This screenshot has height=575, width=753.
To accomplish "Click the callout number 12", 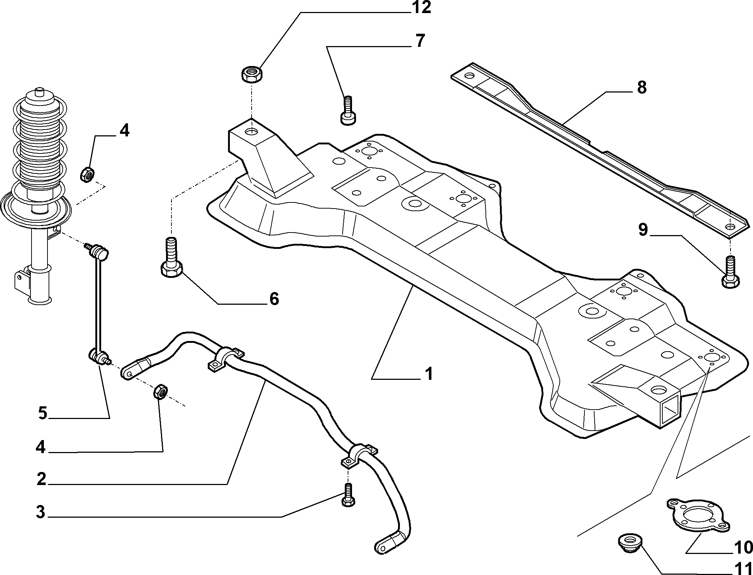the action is [421, 8].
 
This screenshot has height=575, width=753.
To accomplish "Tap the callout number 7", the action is [420, 41].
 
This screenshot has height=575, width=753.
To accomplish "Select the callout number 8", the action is [642, 87].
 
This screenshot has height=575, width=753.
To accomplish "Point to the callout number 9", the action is [643, 229].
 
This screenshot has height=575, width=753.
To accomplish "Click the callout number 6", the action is [274, 299].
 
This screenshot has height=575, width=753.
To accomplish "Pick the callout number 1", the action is [429, 374].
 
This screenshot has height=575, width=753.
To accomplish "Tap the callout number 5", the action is [43, 413].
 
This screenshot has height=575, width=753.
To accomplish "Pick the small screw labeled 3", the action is [348, 495].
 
